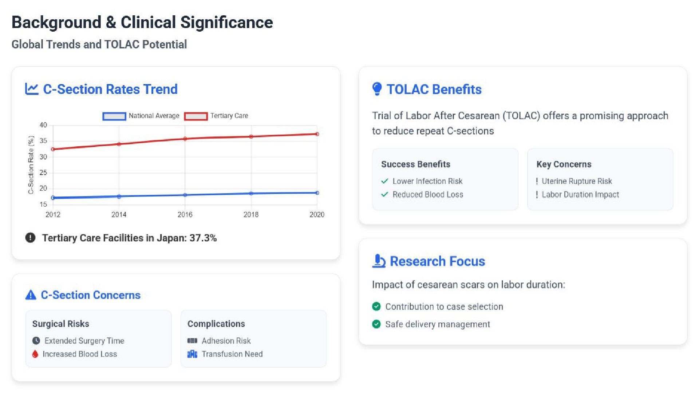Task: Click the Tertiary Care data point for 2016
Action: click(x=185, y=139)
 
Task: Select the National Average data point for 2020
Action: click(x=317, y=193)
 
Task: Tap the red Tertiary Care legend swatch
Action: click(x=196, y=116)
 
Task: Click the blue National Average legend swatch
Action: click(x=114, y=116)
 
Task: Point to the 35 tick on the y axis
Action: click(x=43, y=141)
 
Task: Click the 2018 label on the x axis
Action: click(x=251, y=215)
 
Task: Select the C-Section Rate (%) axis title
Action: click(x=31, y=165)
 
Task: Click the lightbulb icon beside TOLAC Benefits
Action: click(x=377, y=89)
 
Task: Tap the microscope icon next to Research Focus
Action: click(x=379, y=261)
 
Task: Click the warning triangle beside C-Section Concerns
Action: click(x=31, y=295)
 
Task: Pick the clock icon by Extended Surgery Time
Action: click(x=36, y=341)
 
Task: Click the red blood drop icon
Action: click(x=35, y=354)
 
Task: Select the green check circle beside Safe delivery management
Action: click(x=376, y=324)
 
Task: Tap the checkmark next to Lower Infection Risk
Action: click(x=384, y=181)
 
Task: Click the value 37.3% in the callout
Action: click(x=203, y=238)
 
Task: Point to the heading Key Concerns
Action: click(x=564, y=164)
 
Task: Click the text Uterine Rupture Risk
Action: click(x=577, y=181)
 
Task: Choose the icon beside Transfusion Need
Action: click(x=192, y=354)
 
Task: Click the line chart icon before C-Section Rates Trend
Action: click(x=32, y=89)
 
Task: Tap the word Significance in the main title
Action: click(x=227, y=22)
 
